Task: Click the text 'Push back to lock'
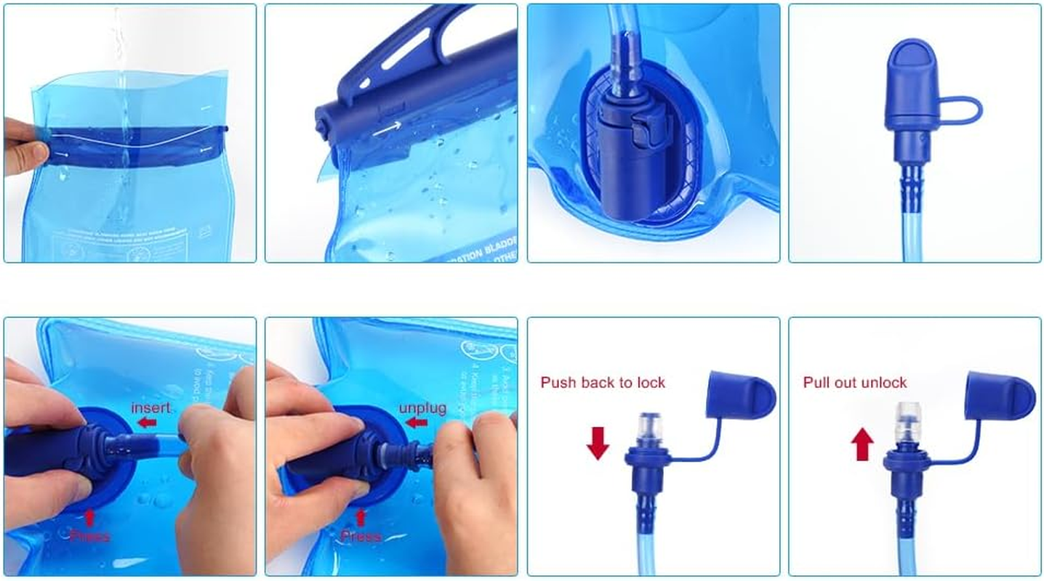602,383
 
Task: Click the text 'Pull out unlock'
855,383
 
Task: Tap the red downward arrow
598,443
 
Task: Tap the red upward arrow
862,444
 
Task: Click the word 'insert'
150,407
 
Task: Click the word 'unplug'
422,407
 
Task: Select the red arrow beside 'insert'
148,423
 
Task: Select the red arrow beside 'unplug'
416,423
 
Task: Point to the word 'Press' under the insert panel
90,537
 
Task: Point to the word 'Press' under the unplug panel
361,537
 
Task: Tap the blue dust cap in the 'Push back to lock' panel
740,395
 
